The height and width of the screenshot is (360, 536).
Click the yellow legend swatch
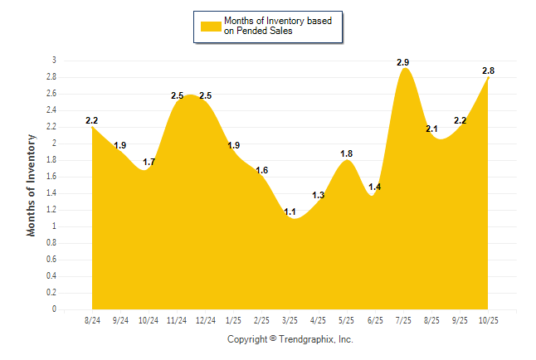(211, 25)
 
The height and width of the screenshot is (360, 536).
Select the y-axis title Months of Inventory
(32, 185)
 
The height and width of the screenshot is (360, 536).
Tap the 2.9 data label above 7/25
(404, 62)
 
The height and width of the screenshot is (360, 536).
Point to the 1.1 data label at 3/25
(290, 212)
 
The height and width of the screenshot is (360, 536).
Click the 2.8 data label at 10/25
(489, 71)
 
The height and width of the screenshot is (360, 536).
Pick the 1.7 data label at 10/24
(149, 163)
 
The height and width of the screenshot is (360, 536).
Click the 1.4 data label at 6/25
(374, 187)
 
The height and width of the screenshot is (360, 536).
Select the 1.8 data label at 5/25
(347, 153)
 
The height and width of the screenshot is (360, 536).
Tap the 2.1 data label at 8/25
(431, 129)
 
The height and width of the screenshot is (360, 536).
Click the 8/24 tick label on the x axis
(92, 320)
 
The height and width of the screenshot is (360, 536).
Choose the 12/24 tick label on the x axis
(206, 320)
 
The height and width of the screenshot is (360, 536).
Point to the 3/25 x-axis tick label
(290, 320)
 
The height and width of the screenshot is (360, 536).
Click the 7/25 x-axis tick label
(404, 320)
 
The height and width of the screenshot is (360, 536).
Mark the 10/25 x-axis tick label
(489, 320)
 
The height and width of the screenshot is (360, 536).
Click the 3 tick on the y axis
(54, 61)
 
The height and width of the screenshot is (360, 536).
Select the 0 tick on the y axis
(54, 309)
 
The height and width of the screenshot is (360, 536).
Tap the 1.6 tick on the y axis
(51, 177)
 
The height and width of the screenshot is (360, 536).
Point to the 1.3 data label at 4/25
(319, 196)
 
